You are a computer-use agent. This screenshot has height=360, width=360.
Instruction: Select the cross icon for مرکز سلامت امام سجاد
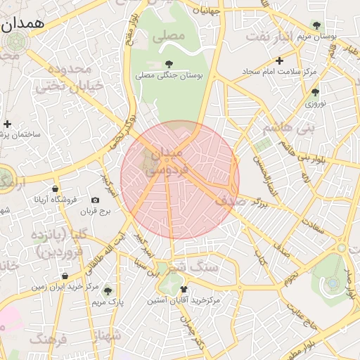point(279,60)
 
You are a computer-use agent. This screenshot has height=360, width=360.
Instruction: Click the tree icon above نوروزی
point(314,92)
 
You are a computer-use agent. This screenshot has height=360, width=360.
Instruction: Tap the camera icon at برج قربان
point(96,200)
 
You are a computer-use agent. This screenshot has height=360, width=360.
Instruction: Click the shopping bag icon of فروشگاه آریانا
point(56,188)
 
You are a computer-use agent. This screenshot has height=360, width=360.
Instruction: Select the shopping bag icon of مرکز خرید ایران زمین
point(65,276)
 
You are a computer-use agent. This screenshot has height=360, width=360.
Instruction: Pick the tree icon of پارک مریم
point(107,290)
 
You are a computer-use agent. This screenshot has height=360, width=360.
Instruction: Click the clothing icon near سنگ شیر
point(184,289)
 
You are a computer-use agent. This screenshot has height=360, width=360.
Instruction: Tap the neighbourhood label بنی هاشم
point(286,129)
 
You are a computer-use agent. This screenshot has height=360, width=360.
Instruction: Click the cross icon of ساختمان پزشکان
point(7,124)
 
